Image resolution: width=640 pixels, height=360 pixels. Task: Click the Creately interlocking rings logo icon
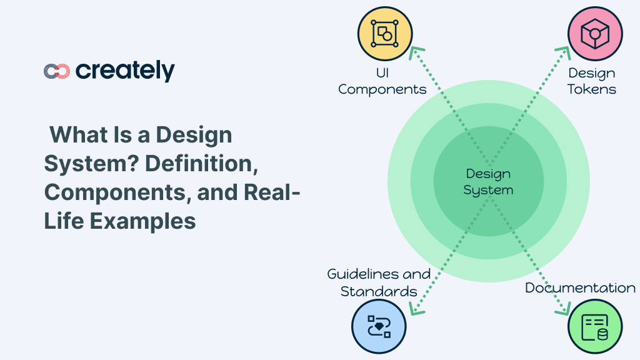[57, 71]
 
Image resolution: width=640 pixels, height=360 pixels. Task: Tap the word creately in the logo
[125, 71]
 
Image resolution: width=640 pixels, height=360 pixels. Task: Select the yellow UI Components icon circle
[385, 34]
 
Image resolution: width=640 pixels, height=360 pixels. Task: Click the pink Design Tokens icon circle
[595, 34]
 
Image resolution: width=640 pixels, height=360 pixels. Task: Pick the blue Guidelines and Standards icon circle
[379, 326]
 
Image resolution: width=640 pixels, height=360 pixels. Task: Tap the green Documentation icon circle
[595, 326]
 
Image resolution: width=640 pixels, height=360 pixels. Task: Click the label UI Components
[382, 81]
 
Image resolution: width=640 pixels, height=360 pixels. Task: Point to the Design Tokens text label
[592, 81]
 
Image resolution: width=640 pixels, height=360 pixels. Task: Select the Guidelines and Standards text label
[379, 282]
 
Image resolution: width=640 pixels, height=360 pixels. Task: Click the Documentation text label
[580, 287]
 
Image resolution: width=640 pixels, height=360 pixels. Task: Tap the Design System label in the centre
[488, 181]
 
